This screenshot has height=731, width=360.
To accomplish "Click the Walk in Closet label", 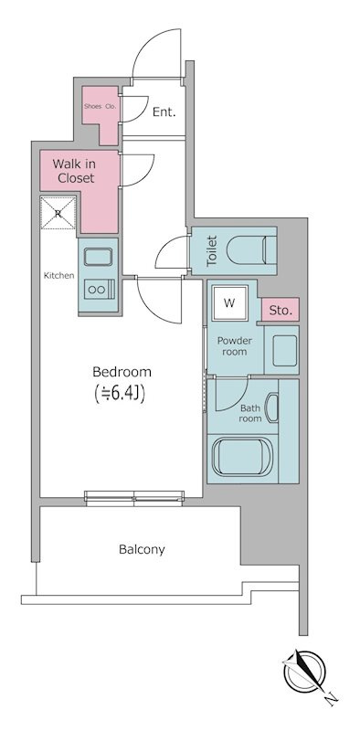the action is pos(73,171).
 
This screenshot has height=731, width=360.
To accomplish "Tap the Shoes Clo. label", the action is pos(100,106).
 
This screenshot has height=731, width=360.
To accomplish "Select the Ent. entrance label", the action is pos(164,111).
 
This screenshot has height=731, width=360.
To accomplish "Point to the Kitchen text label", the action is pos(58,276).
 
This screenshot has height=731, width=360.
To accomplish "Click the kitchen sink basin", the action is pos(98,257).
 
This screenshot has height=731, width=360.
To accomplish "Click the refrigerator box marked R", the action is pos(58,213).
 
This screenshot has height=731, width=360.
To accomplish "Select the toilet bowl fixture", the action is pos(251,250).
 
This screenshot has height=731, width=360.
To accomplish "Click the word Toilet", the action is pos(212,250).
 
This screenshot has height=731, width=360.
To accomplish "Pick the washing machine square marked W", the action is pos(229,303).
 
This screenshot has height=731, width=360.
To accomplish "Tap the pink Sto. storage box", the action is pos(280,311).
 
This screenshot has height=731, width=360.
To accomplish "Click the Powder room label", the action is pos(234,346).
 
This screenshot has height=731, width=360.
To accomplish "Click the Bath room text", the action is pos(250,414).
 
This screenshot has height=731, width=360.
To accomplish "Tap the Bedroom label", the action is pos(122,372).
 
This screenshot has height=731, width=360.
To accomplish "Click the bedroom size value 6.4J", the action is pos(121,394).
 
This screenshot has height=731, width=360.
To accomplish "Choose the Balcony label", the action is pos(142,550).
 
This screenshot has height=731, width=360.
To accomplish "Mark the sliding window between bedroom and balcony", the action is pos(134,498).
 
